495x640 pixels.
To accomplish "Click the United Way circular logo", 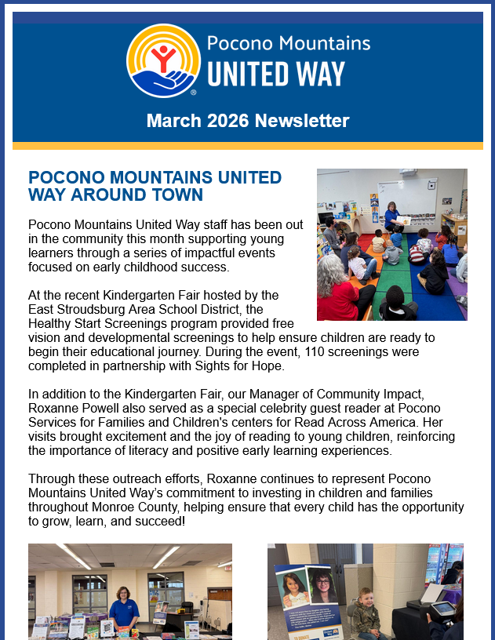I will [163, 60].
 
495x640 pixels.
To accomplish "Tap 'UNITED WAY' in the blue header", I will [276, 74].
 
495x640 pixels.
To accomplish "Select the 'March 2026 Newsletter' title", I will [247, 121].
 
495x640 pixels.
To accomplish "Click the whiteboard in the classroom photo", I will [406, 195].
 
